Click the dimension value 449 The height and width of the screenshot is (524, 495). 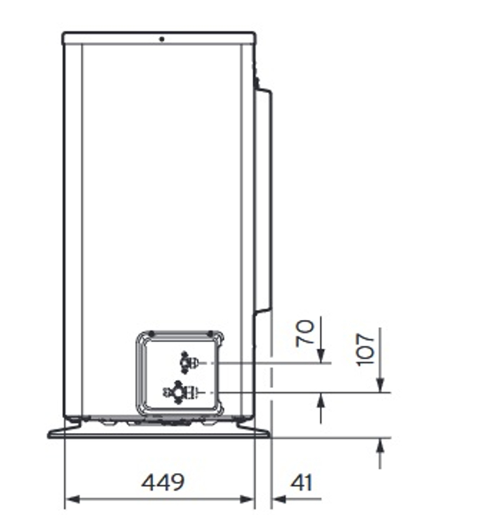(163, 483)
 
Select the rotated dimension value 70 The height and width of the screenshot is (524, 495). (305, 332)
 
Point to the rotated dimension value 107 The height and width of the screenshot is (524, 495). (366, 348)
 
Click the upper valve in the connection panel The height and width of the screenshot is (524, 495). (186, 362)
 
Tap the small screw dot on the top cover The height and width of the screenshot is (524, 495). (161, 39)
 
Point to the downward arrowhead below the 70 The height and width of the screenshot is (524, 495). (320, 355)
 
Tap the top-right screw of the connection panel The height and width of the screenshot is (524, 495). (211, 333)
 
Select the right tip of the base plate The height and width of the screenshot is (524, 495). (268, 434)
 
